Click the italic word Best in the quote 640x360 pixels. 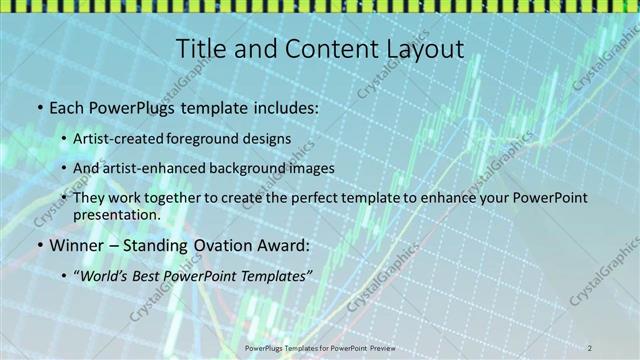pos(149,275)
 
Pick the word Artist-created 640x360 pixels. pos(115,139)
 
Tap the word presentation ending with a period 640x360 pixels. pos(116,214)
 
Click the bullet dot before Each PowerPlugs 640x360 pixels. pos(38,106)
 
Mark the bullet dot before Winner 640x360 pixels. pos(38,245)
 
